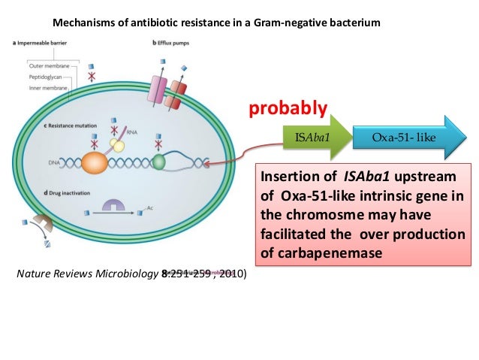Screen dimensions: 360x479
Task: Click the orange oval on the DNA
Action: pyautogui.click(x=95, y=163)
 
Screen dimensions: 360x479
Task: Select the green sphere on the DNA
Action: pyautogui.click(x=158, y=161)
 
